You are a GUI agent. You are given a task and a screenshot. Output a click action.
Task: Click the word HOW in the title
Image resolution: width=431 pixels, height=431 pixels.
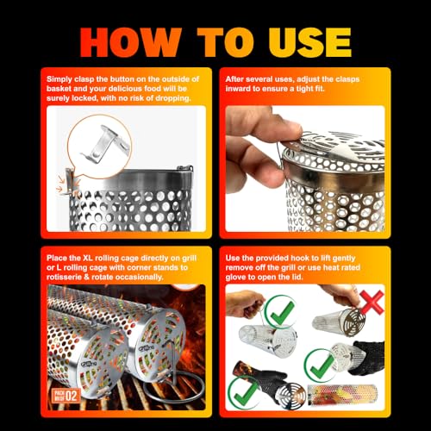130,42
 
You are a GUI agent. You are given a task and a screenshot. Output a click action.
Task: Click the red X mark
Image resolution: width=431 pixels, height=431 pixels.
372,302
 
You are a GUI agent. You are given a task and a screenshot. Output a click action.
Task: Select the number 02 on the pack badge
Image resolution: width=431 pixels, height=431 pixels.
72,396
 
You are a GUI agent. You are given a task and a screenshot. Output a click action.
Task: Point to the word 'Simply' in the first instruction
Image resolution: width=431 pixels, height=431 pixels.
59,79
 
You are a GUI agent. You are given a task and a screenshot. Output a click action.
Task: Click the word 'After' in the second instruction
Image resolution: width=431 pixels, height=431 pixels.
234,79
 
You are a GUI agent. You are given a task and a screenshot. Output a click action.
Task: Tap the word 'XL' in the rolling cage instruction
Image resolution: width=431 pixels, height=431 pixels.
88,258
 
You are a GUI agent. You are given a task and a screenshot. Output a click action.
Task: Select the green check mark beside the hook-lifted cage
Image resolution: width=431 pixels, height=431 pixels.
280,311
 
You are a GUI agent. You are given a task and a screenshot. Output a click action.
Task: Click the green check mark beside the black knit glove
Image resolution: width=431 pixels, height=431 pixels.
319,365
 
